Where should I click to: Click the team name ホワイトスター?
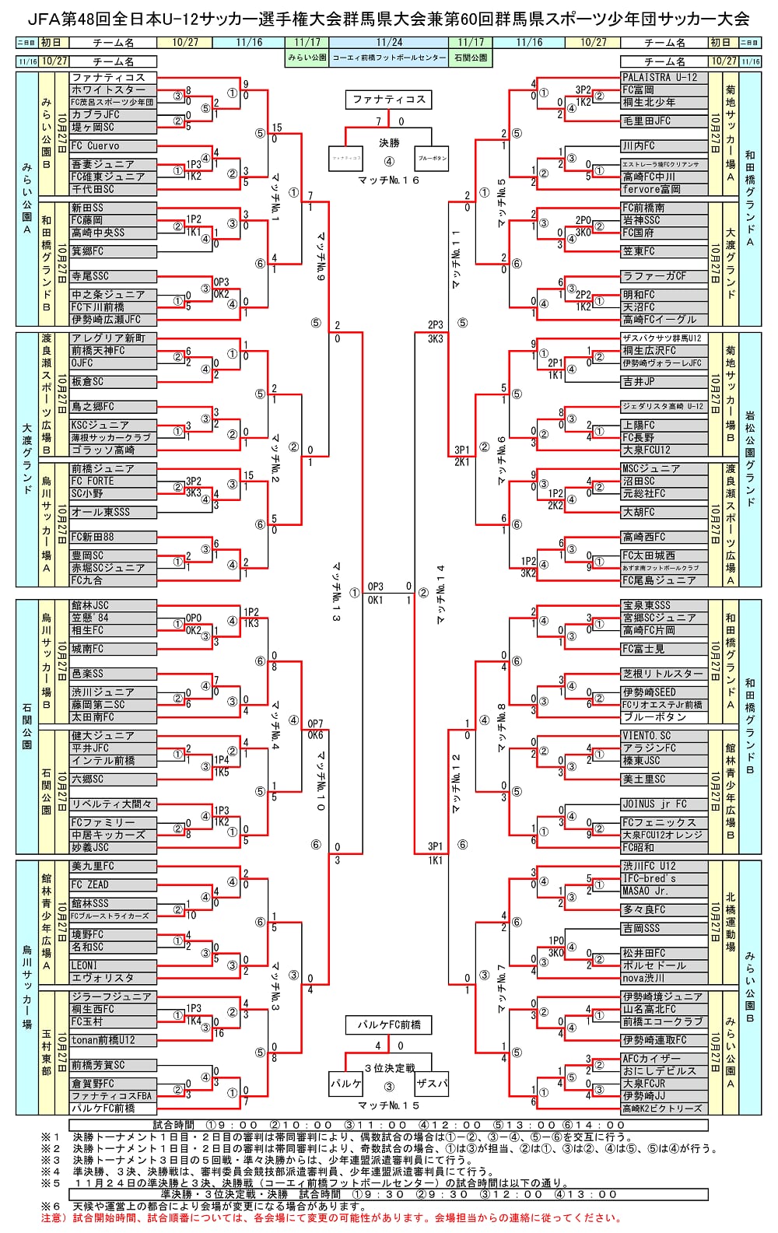click(113, 90)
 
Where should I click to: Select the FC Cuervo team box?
click(113, 146)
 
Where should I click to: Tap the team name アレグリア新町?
click(113, 338)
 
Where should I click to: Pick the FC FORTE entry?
click(113, 482)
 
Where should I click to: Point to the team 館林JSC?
click(113, 605)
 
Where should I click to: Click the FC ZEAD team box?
click(113, 884)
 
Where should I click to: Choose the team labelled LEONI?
click(113, 965)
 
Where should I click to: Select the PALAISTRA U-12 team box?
click(664, 78)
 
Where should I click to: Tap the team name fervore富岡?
click(664, 189)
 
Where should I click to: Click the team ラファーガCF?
click(664, 276)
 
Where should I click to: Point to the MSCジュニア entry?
click(664, 469)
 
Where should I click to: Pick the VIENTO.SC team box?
click(664, 736)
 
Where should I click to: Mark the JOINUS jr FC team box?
click(664, 804)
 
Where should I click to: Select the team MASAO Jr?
click(664, 891)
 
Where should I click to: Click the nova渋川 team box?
click(664, 978)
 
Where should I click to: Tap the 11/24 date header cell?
click(389, 43)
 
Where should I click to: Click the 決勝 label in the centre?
click(389, 143)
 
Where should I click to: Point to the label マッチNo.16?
click(389, 180)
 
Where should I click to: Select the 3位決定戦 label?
click(389, 1068)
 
